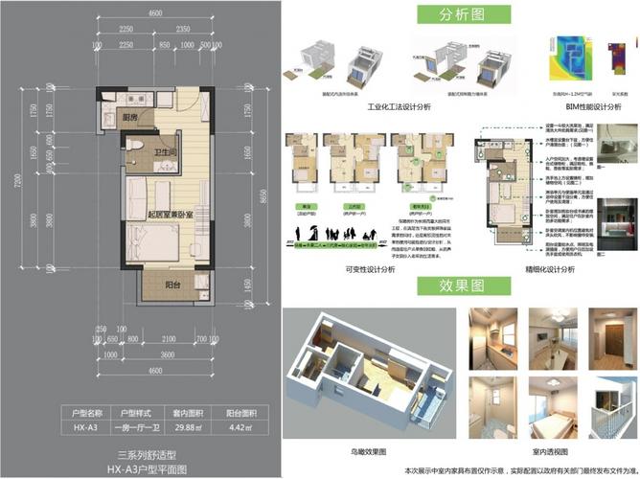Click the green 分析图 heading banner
point(460,16)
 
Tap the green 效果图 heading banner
point(460,288)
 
